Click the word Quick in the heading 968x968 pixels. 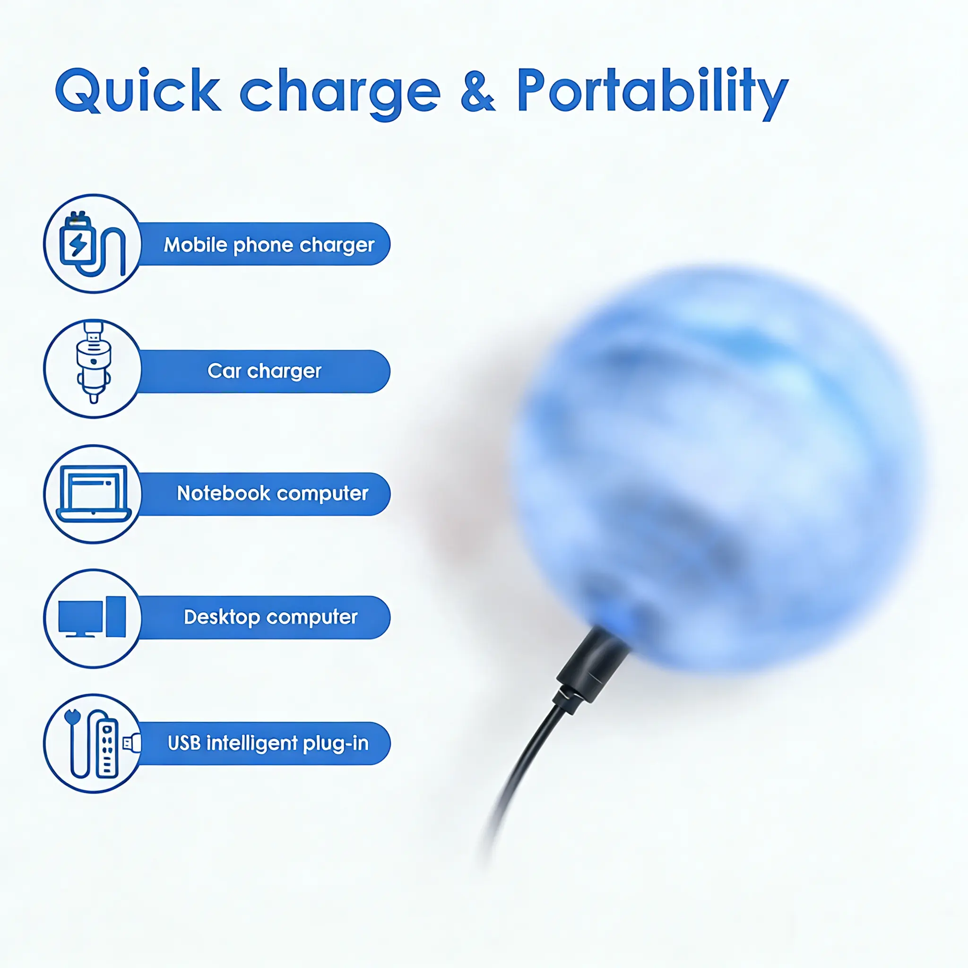(x=138, y=90)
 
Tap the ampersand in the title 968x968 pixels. (x=478, y=91)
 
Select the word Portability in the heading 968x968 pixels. (x=653, y=94)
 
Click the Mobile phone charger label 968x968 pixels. (x=269, y=244)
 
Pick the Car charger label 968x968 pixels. (x=264, y=371)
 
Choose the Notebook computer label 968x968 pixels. (x=273, y=493)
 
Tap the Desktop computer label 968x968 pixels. (x=270, y=617)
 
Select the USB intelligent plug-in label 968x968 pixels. (x=268, y=743)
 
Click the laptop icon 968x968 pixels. (x=94, y=494)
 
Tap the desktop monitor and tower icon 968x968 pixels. (x=92, y=617)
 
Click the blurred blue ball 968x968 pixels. (x=717, y=468)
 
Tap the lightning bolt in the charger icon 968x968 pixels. (x=78, y=245)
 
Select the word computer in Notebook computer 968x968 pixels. (x=322, y=494)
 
